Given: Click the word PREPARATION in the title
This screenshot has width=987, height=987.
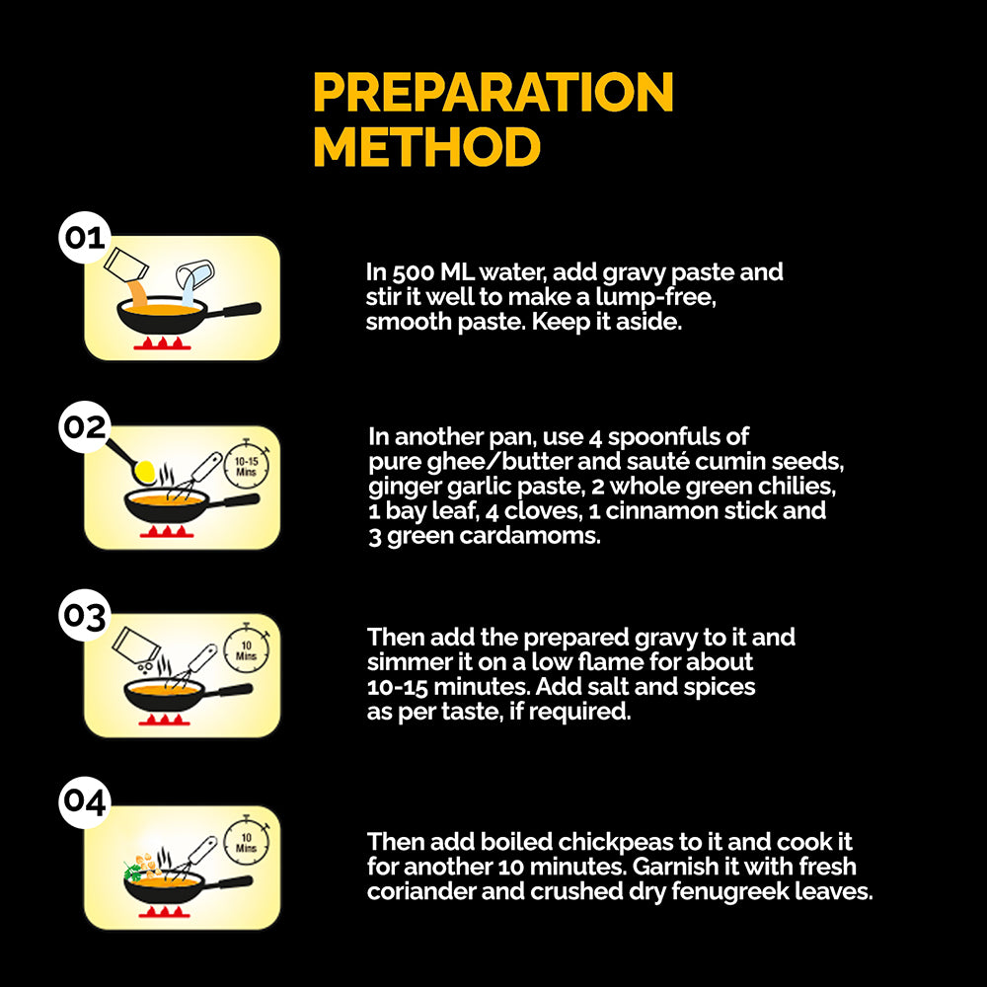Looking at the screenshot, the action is click(x=493, y=92).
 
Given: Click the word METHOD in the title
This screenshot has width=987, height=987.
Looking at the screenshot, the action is click(x=426, y=147).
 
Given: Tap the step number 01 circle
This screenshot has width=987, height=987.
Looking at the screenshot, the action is click(x=85, y=238).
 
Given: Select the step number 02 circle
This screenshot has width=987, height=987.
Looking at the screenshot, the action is click(x=85, y=426).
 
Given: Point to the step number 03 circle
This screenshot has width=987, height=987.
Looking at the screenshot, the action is click(x=85, y=616).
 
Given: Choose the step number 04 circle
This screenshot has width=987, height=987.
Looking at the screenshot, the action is click(x=85, y=801).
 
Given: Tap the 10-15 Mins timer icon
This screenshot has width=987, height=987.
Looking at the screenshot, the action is click(x=246, y=465).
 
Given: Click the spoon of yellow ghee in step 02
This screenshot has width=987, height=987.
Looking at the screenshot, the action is click(x=132, y=461).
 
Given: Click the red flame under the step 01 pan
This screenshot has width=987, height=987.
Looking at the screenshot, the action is click(x=163, y=343).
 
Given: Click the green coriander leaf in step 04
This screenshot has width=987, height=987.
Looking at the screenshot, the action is click(x=132, y=872).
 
